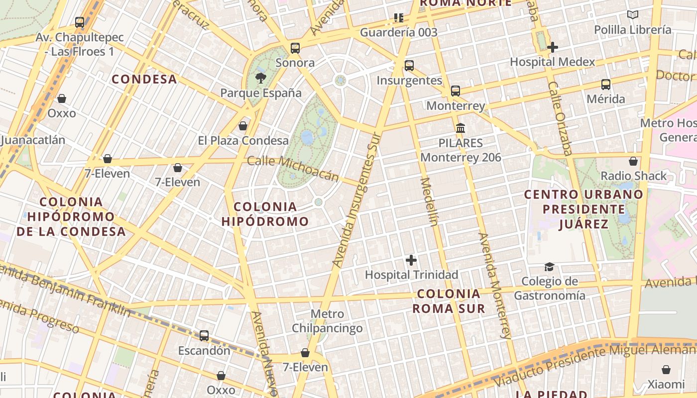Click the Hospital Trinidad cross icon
pyautogui.click(x=411, y=260)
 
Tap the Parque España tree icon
pyautogui.click(x=260, y=78)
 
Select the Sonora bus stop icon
pyautogui.click(x=295, y=48)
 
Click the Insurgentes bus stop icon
pyautogui.click(x=409, y=65)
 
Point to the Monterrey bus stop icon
pyautogui.click(x=456, y=91)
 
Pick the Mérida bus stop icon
pyautogui.click(x=606, y=85)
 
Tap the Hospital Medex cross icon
pyautogui.click(x=552, y=47)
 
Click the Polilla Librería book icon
pyautogui.click(x=633, y=15)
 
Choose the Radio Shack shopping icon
pyautogui.click(x=633, y=161)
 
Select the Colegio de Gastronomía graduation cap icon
pyautogui.click(x=549, y=267)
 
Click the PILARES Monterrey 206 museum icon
pyautogui.click(x=461, y=128)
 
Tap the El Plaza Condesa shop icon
pyautogui.click(x=243, y=126)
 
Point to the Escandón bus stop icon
pyautogui.click(x=204, y=336)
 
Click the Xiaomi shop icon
pyautogui.click(x=666, y=370)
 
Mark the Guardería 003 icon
pyautogui.click(x=398, y=18)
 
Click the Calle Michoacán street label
pyautogui.click(x=293, y=168)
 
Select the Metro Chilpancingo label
pyautogui.click(x=327, y=321)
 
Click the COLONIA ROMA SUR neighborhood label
pyautogui.click(x=449, y=300)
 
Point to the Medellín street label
pyautogui.click(x=429, y=201)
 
